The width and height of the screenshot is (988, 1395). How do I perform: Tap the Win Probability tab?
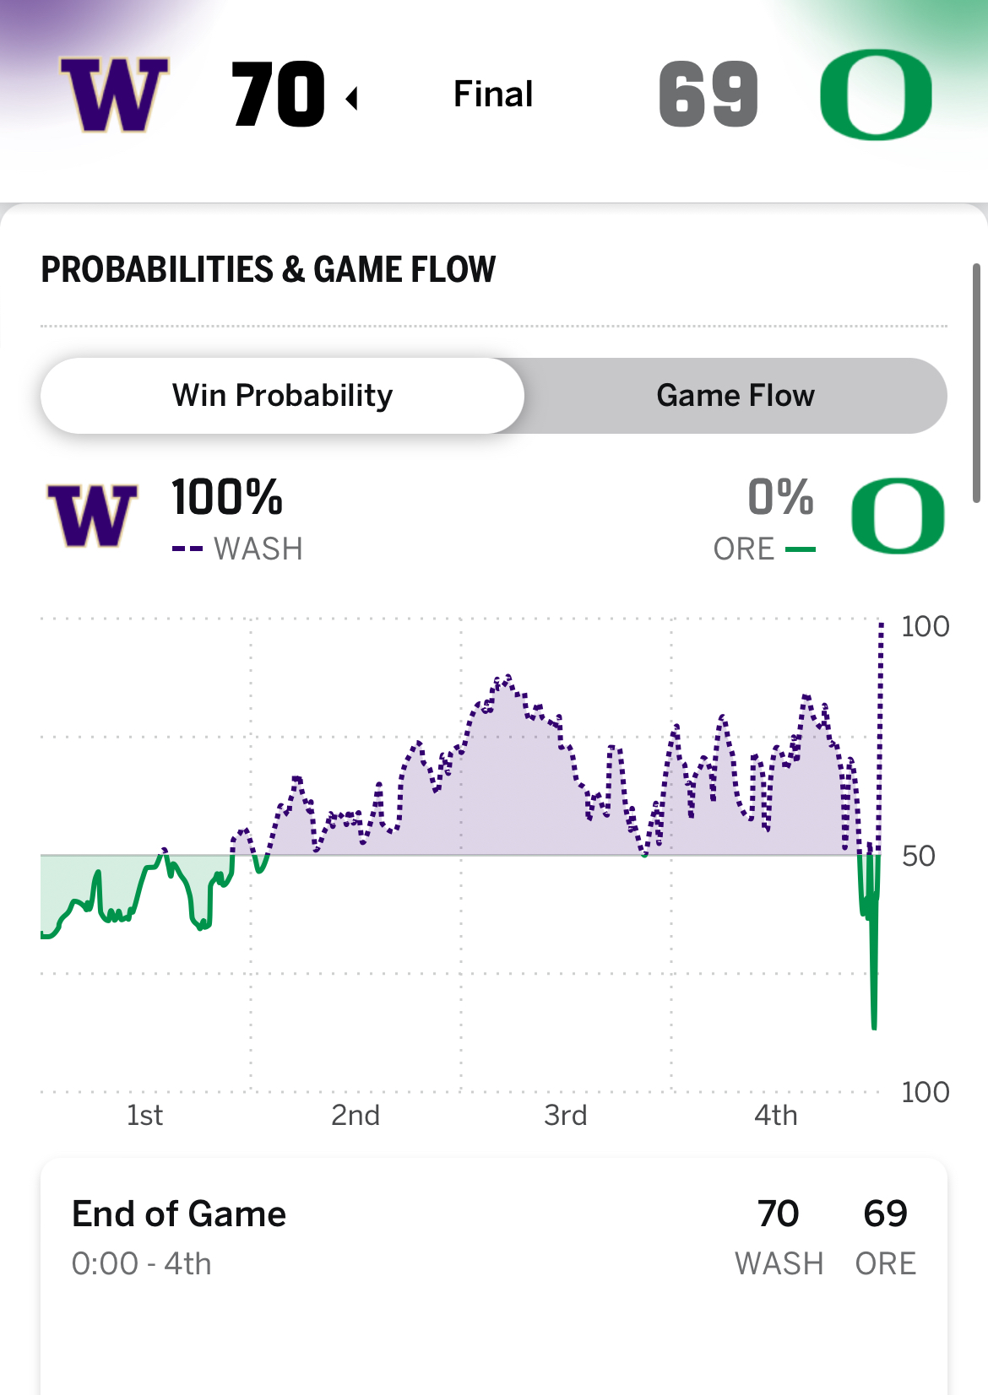pyautogui.click(x=282, y=396)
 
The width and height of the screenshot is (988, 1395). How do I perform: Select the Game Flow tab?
pyautogui.click(x=735, y=396)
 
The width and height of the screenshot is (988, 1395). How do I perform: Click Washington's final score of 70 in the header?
pyautogui.click(x=278, y=95)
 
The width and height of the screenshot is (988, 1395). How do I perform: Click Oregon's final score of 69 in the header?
pyautogui.click(x=708, y=95)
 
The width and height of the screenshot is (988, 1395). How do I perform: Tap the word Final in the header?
pyautogui.click(x=493, y=95)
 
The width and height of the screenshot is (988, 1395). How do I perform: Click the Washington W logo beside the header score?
pyautogui.click(x=115, y=95)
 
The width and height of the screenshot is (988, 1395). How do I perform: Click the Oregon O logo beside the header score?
pyautogui.click(x=876, y=95)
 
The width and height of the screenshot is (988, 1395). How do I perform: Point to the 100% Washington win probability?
pyautogui.click(x=227, y=497)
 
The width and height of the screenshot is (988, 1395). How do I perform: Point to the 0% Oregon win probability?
pyautogui.click(x=780, y=497)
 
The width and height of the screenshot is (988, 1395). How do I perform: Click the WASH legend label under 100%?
pyautogui.click(x=258, y=549)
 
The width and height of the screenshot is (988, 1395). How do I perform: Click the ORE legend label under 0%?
pyautogui.click(x=744, y=549)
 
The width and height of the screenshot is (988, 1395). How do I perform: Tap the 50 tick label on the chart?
pyautogui.click(x=919, y=857)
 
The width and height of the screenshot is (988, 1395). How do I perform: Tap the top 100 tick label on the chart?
pyautogui.click(x=926, y=627)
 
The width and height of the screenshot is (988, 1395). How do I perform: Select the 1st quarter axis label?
pyautogui.click(x=144, y=1116)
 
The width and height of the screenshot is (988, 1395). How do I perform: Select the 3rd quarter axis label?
pyautogui.click(x=565, y=1116)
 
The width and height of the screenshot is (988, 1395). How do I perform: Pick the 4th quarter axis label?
pyautogui.click(x=775, y=1116)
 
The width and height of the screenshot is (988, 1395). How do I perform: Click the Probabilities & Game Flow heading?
pyautogui.click(x=269, y=270)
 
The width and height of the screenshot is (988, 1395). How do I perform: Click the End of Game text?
pyautogui.click(x=179, y=1214)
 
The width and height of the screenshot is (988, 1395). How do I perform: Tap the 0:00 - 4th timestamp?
pyautogui.click(x=141, y=1264)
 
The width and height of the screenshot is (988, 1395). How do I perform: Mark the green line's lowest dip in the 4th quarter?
pyautogui.click(x=874, y=1026)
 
